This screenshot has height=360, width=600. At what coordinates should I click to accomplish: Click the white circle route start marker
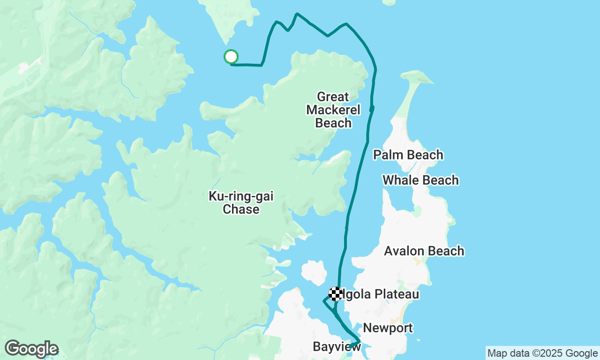[231, 57]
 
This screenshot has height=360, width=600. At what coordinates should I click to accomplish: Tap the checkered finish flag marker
[335, 294]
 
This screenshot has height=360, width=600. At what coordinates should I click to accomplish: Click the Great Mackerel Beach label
[333, 110]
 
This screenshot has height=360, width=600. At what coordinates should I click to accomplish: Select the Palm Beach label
[408, 155]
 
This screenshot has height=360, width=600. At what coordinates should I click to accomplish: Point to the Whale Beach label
[420, 180]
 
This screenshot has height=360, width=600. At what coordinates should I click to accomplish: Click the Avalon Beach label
[424, 251]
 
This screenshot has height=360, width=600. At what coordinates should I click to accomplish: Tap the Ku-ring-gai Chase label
[241, 203]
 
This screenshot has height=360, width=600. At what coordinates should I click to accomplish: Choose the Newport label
[388, 328]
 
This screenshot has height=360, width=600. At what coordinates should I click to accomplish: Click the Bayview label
[337, 347]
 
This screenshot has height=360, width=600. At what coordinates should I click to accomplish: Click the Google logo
[31, 349]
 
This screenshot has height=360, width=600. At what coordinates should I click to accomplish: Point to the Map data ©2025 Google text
[542, 353]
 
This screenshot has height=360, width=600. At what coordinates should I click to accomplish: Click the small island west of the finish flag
[314, 272]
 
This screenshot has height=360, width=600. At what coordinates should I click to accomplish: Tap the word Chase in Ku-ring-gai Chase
[241, 210]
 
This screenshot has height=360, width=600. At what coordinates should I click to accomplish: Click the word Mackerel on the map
[333, 110]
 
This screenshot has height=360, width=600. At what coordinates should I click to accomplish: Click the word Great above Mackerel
[333, 97]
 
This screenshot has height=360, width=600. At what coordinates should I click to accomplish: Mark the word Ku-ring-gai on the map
[241, 196]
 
